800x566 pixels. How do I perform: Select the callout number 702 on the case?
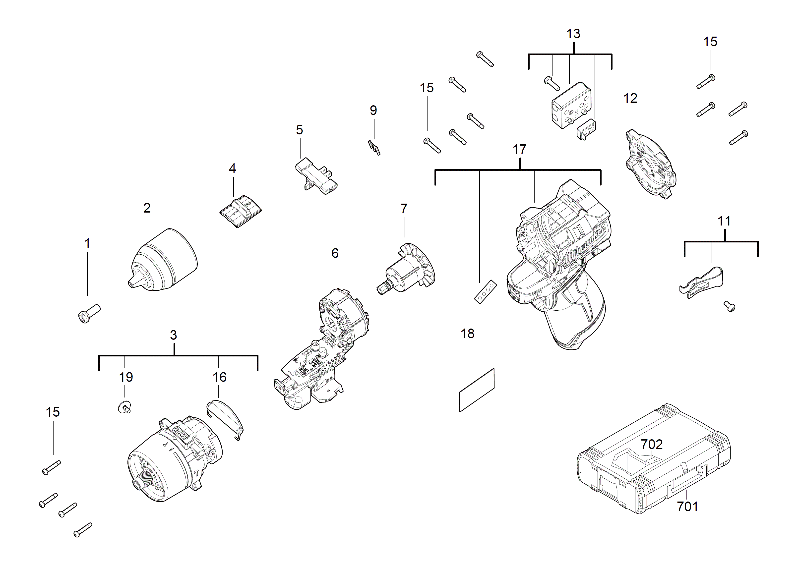pos(652,444)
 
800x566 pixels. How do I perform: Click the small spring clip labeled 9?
pos(374,147)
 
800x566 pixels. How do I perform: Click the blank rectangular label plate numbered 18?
pos(477,390)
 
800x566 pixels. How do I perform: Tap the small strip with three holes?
pos(485,291)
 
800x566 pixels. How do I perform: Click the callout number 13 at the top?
pos(573,34)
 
